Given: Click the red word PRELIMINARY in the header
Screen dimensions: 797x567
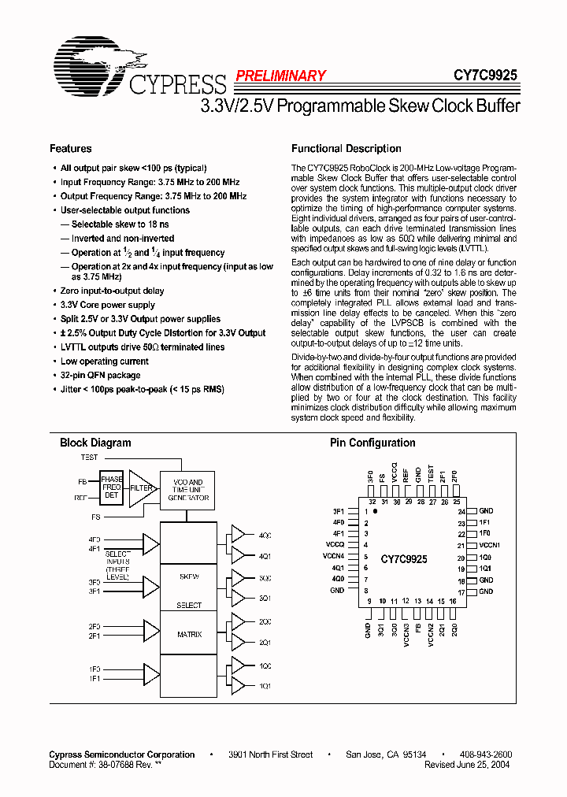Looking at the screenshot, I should click(x=280, y=76).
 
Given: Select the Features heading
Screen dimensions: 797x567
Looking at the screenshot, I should click(x=71, y=149).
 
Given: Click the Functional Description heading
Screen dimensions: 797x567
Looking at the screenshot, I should click(x=346, y=149).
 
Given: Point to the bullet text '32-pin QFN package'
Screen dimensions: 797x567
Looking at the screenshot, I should click(x=100, y=375).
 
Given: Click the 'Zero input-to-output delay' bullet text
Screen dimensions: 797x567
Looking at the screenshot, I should click(x=113, y=291).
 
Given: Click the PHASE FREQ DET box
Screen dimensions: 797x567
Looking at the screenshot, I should click(x=111, y=487).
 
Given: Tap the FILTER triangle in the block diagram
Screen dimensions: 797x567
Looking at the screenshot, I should click(x=140, y=488).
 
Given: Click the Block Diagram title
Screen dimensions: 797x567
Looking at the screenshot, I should click(x=95, y=443).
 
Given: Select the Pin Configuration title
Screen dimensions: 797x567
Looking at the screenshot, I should click(x=372, y=443).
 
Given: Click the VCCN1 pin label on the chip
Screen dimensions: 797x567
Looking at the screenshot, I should click(x=490, y=545).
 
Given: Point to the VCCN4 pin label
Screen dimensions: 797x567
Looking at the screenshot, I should click(x=334, y=556).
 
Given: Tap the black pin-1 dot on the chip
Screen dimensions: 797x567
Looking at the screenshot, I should click(x=376, y=512).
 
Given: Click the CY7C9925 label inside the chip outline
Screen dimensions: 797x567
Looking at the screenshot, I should click(x=403, y=559).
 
